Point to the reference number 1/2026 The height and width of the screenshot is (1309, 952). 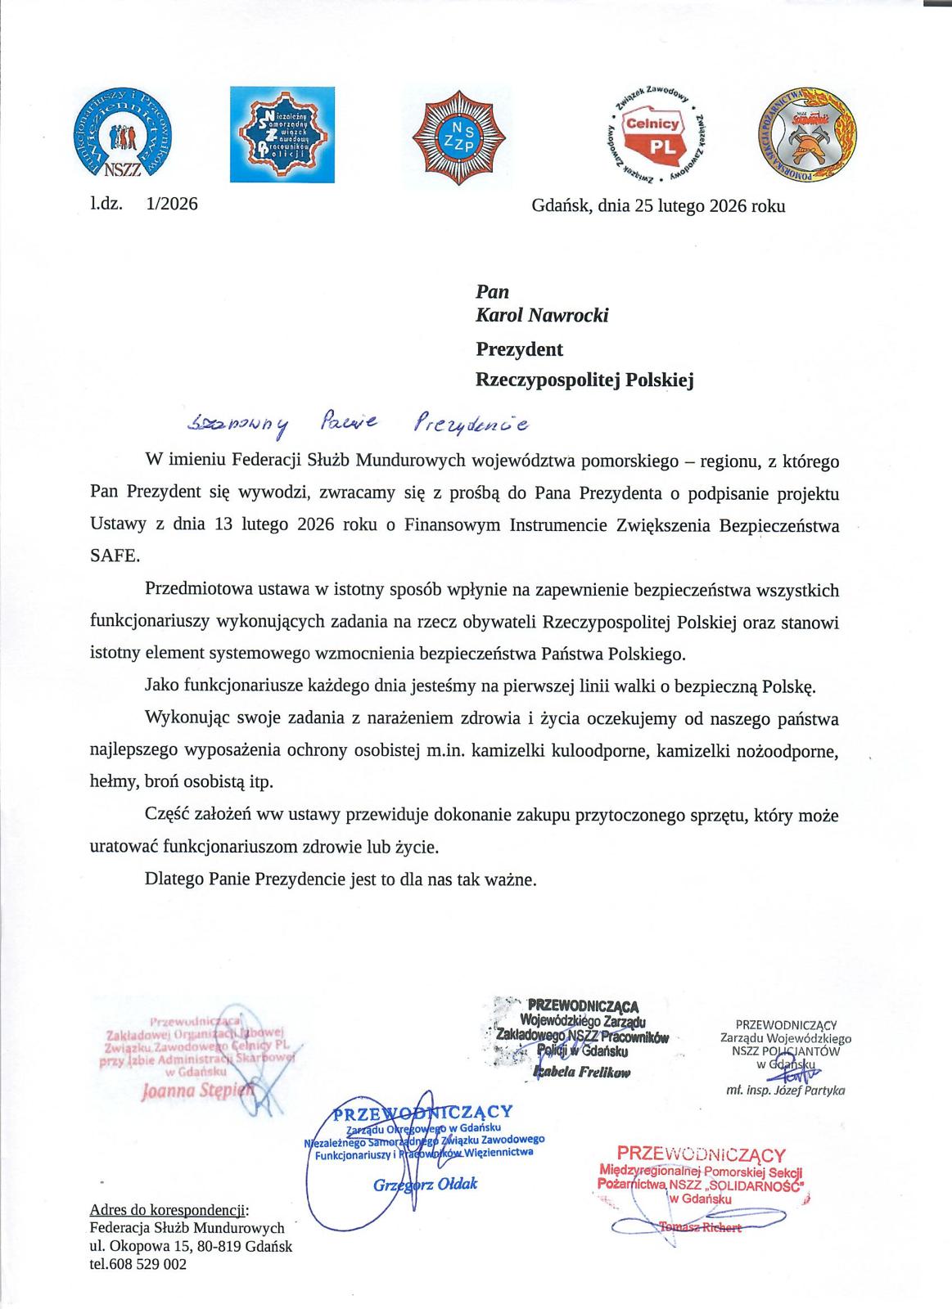coord(172,205)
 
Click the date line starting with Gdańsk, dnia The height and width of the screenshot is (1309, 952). coord(658,205)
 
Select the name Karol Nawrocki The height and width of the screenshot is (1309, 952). coord(542,315)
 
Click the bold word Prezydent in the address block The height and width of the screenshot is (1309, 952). coord(520,349)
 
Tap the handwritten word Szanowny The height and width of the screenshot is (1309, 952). coord(238,422)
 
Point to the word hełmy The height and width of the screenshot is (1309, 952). coord(114,780)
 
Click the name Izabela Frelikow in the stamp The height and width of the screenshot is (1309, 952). coord(580,1073)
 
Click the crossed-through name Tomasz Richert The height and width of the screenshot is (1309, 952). coord(700,1226)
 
